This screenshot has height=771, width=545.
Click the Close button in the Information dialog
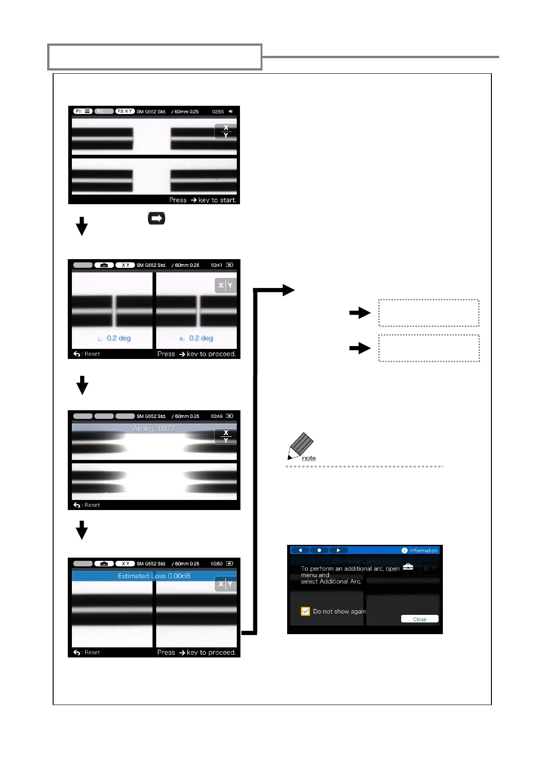420,619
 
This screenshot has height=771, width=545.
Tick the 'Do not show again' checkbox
305,611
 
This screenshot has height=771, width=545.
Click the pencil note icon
301,445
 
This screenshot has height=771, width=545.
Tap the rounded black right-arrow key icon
156,218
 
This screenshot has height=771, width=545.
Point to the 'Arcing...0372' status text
154,429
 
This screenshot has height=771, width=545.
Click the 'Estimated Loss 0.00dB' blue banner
154,576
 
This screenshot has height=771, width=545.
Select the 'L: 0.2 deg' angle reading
114,338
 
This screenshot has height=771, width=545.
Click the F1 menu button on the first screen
82,111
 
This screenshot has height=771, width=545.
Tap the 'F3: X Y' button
125,111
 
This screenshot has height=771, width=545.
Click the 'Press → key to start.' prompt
202,200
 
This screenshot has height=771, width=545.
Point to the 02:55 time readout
218,112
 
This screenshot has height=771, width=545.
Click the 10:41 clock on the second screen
217,265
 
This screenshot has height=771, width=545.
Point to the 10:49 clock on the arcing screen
217,416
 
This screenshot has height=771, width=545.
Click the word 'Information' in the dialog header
423,551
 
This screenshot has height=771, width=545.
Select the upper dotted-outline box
429,313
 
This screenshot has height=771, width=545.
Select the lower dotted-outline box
429,348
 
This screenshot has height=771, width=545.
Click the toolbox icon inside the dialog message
408,567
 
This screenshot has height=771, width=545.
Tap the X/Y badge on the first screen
225,131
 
